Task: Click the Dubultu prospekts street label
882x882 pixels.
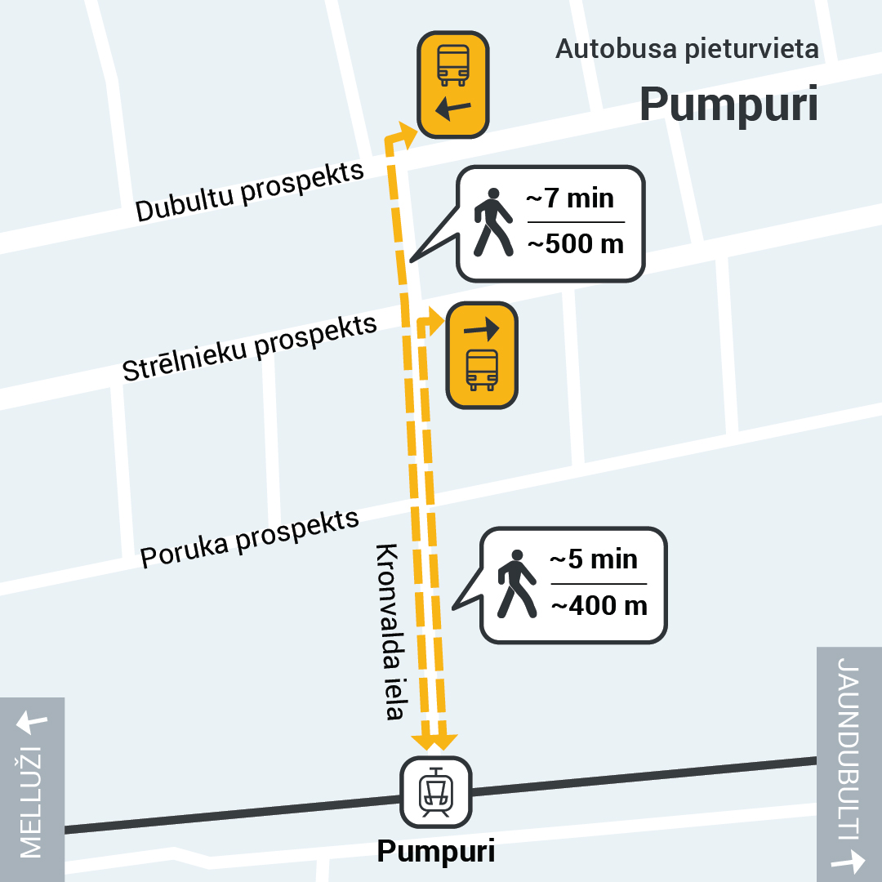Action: click(249, 192)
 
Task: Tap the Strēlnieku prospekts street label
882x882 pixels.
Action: click(249, 348)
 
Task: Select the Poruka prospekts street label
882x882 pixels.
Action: click(249, 539)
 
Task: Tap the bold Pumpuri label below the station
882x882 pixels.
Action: click(435, 852)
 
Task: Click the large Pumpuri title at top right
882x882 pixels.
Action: click(728, 104)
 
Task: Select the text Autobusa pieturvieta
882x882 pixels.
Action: click(687, 49)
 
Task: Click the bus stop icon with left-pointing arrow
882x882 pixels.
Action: click(453, 84)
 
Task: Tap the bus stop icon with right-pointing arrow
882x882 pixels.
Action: click(482, 355)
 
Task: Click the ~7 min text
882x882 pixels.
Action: click(570, 198)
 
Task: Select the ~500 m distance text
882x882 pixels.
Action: click(575, 243)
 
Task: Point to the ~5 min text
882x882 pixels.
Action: click(594, 559)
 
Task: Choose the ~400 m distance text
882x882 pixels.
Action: click(599, 605)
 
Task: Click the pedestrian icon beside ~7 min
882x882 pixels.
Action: click(492, 222)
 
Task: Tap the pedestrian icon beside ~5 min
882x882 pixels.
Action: click(516, 584)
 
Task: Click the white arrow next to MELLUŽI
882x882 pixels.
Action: click(32, 721)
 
